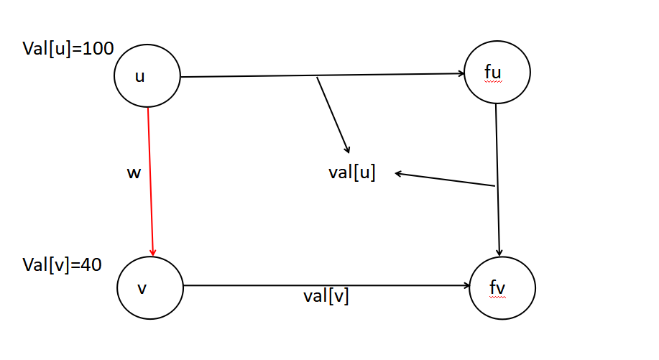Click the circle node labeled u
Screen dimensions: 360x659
tap(147, 76)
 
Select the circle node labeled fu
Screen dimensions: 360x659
tap(497, 73)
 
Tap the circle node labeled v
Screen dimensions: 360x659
tap(150, 287)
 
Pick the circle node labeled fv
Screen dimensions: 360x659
tap(502, 287)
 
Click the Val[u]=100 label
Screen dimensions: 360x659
tap(68, 50)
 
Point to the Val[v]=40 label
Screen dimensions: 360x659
tap(62, 264)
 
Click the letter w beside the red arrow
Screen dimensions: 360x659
tap(133, 173)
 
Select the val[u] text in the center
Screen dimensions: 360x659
tap(351, 172)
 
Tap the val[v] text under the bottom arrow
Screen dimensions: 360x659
tap(326, 295)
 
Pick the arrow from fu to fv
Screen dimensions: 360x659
tap(498, 180)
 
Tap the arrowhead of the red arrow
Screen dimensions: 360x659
tap(153, 251)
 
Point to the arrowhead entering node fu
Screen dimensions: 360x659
tap(461, 73)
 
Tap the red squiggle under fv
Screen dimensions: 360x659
tap(497, 297)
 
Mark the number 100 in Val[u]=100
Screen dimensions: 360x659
tap(98, 50)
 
